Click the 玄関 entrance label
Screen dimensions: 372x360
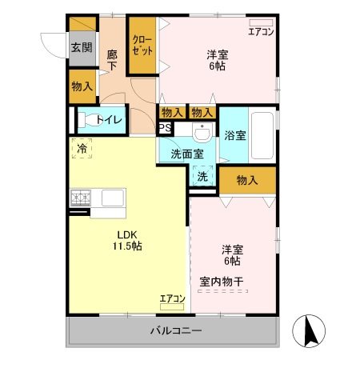(81, 46)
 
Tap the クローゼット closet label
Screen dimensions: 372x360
(142, 45)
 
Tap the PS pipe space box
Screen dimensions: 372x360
(165, 127)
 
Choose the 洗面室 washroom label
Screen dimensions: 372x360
(186, 154)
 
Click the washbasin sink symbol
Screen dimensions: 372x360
(202, 130)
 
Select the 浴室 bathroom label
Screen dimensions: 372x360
(236, 135)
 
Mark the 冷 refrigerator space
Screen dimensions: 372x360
(82, 147)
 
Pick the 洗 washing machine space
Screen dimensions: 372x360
(202, 176)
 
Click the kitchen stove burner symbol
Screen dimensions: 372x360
(81, 197)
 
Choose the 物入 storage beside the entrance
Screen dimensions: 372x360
(82, 86)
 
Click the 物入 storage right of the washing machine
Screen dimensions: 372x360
(247, 181)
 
